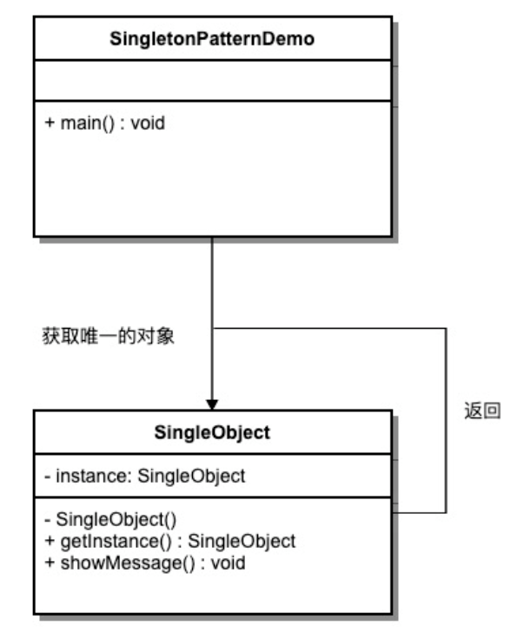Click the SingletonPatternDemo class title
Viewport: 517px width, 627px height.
coord(212,40)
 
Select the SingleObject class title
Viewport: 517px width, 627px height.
coord(212,433)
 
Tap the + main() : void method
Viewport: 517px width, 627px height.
coord(104,123)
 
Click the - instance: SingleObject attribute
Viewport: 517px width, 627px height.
coord(144,476)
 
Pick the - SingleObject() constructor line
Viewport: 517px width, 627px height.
coord(109,521)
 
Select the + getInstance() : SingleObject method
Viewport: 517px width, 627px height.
coord(169,541)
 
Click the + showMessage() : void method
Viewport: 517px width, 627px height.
coord(144,563)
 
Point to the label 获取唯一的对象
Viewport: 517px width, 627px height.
coord(109,336)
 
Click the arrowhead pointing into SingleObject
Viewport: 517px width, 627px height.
coord(212,404)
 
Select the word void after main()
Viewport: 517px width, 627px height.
coord(149,123)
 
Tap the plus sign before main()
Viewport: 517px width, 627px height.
coord(48,123)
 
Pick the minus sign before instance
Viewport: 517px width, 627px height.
coord(47,476)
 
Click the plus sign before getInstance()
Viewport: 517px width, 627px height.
coord(48,541)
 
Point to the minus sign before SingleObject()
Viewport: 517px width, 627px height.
coord(47,521)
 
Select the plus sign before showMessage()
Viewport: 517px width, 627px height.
coord(48,563)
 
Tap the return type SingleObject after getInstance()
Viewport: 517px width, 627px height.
coord(242,541)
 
